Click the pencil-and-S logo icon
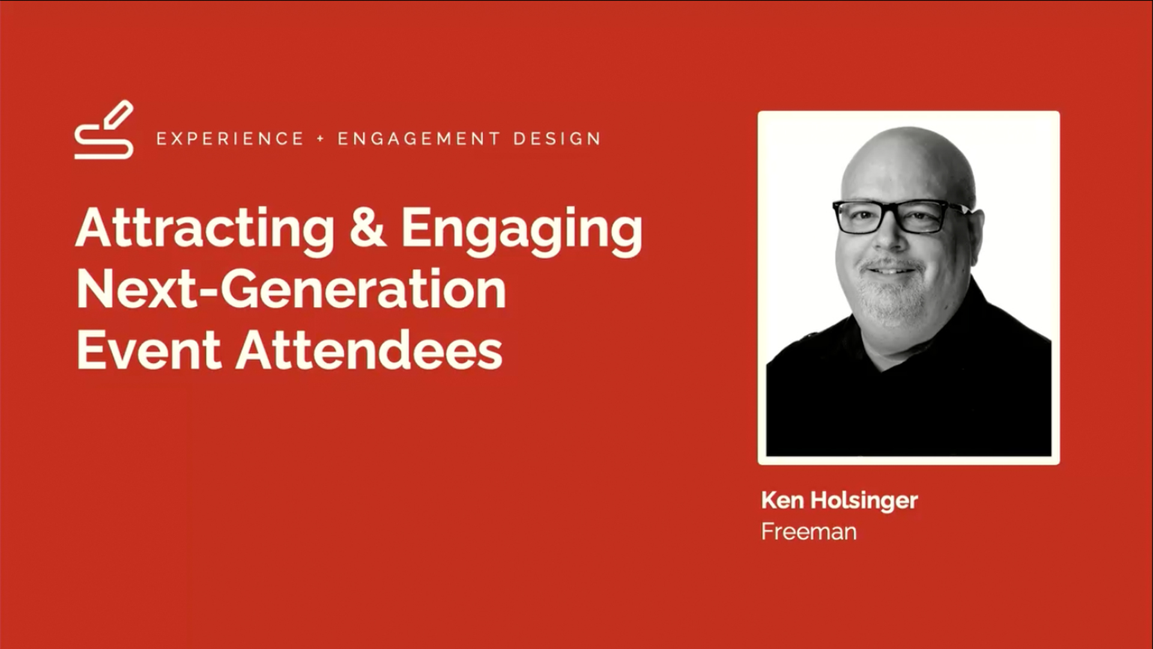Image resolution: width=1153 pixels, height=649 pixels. [x=103, y=130]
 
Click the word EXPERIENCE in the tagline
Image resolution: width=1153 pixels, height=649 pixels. [x=230, y=139]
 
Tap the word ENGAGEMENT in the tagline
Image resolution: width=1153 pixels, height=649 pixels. [x=419, y=139]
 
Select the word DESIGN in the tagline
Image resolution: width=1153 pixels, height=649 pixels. [x=557, y=139]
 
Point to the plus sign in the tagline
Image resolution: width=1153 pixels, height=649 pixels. [x=321, y=139]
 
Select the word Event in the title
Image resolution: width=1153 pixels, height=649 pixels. [x=149, y=350]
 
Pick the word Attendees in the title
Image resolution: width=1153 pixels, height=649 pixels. [x=369, y=350]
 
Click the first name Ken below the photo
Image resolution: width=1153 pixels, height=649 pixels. [x=782, y=500]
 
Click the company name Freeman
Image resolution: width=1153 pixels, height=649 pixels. [x=809, y=532]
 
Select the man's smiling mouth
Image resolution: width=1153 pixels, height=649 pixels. [x=890, y=271]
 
